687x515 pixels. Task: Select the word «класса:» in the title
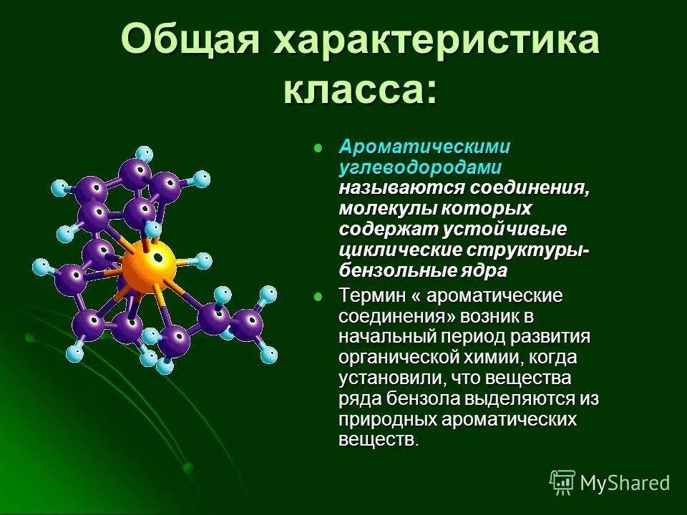(360, 91)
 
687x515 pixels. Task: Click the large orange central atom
(148, 266)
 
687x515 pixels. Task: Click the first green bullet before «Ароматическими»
(318, 147)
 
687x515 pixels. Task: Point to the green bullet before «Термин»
(318, 297)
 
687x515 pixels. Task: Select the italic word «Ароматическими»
(424, 147)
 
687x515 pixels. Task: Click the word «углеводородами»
(419, 167)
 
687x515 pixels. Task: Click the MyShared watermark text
(625, 483)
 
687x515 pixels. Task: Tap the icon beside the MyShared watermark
(562, 482)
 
